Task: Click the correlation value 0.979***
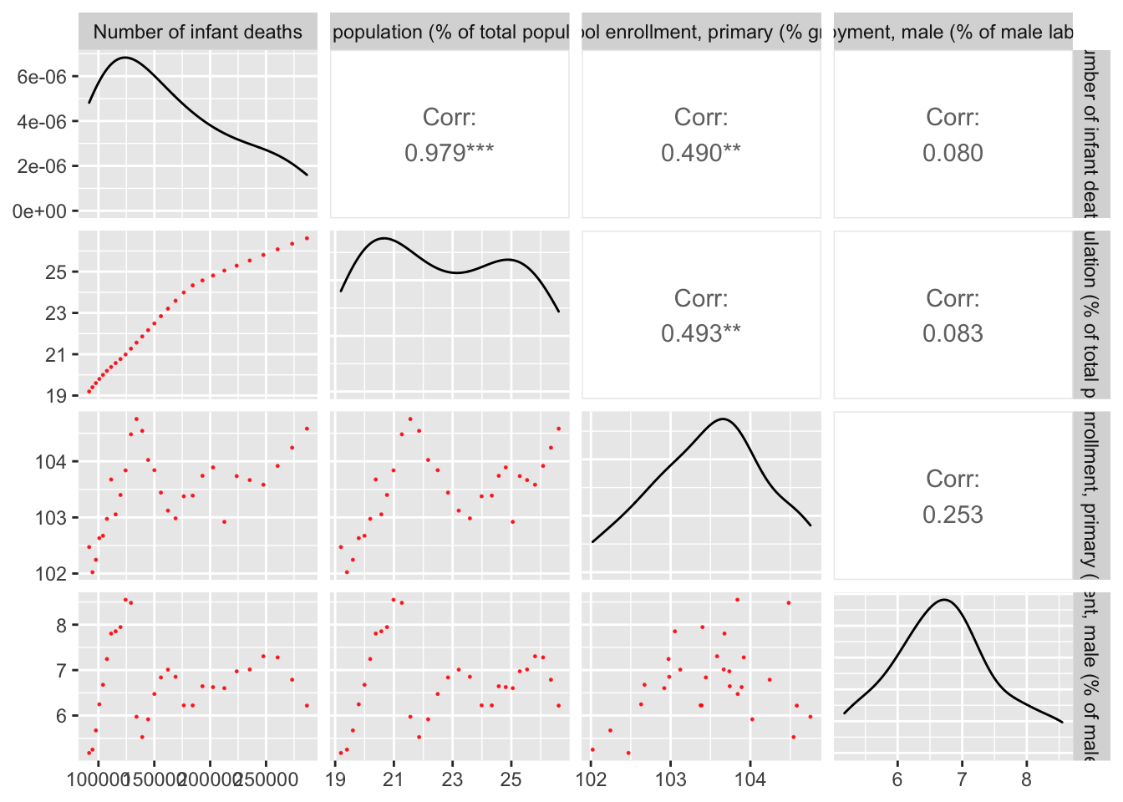450,153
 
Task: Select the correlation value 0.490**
701,153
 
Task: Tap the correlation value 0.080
953,153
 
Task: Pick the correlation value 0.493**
701,333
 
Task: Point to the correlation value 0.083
953,333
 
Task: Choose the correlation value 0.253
953,515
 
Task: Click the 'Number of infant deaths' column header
198,33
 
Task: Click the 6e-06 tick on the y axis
42,77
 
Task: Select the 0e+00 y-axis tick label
40,211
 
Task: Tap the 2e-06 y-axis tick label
42,166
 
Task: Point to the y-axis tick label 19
57,396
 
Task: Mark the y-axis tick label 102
51,574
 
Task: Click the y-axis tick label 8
62,625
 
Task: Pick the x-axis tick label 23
452,780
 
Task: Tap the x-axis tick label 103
670,780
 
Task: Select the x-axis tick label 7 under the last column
962,780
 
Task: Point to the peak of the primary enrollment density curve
723,419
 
